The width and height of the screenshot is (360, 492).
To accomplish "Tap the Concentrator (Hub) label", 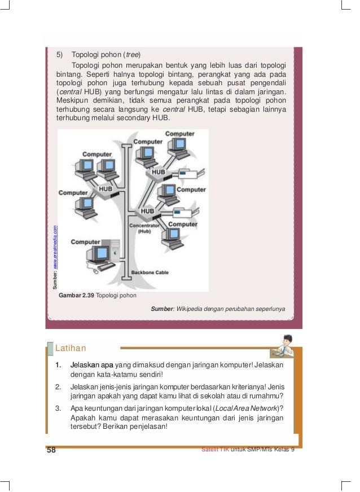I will pos(145,227).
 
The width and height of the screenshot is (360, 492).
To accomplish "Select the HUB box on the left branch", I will pos(106,188).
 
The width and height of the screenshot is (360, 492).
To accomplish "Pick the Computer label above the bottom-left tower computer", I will pos(85,242).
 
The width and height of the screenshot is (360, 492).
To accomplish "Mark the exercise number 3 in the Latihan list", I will pos(59,408).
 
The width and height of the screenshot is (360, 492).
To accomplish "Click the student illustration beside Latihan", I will pos(283,346).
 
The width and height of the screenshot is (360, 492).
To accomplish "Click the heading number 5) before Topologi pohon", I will pos(59,55).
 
